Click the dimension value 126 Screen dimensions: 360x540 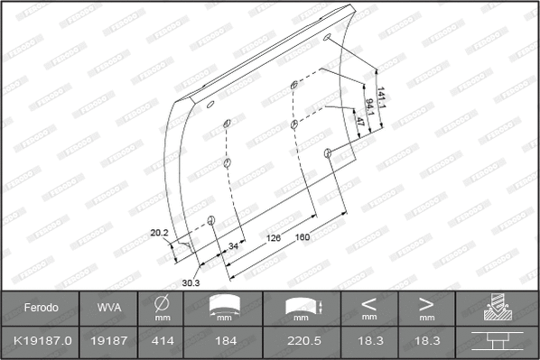point(273,238)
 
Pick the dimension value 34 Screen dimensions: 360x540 point(233,245)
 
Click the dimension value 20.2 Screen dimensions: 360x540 point(159,233)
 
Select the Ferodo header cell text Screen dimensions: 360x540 point(41,308)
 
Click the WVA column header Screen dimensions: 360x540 point(105,308)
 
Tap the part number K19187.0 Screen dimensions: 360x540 point(41,342)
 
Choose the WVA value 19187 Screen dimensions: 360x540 point(105,342)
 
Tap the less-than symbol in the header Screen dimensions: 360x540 point(368,302)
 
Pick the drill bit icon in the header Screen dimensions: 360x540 point(497,307)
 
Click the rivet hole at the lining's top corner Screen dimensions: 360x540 point(327,38)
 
